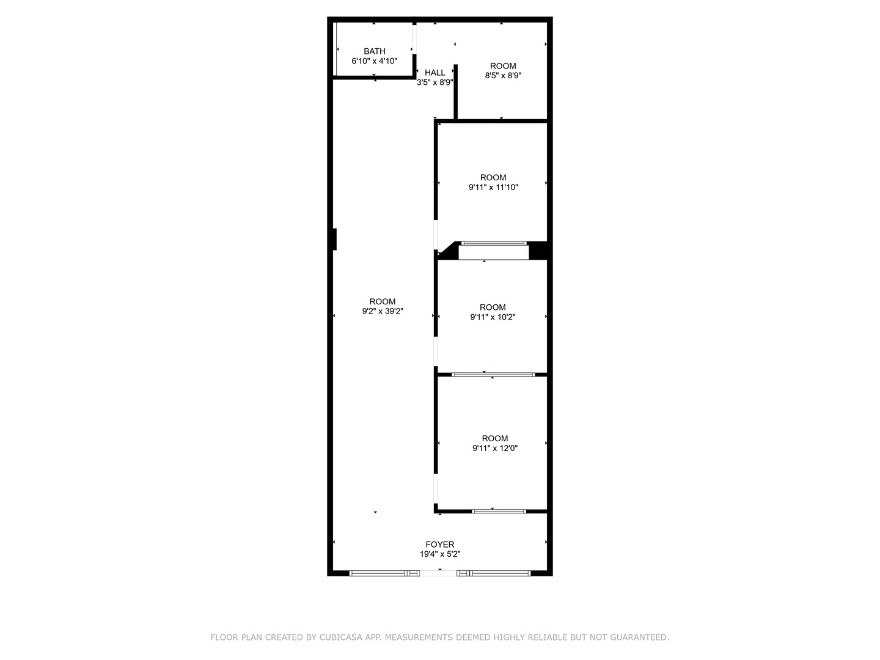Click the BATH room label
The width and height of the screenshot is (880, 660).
[374, 51]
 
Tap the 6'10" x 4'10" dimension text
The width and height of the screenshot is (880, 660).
[374, 61]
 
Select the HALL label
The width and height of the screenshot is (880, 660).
[435, 73]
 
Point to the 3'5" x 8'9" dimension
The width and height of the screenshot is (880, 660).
[435, 82]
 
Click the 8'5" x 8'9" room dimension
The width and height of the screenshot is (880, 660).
[503, 76]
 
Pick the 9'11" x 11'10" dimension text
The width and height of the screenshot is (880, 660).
[493, 188]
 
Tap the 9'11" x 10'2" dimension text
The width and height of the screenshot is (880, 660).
[493, 317]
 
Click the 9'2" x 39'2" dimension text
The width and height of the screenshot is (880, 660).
[383, 311]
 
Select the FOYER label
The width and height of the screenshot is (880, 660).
[440, 544]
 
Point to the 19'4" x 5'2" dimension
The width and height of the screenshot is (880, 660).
[440, 554]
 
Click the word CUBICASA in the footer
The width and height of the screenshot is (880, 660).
[341, 637]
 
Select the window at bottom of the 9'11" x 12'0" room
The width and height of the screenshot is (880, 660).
[499, 511]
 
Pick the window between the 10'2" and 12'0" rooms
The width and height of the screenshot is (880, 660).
[493, 375]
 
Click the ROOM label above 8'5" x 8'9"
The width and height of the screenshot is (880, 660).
[503, 66]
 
